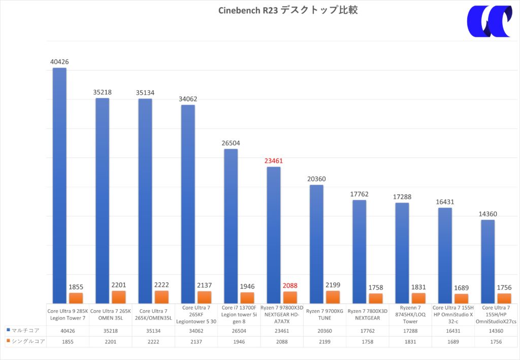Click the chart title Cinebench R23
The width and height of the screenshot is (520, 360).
pos(288,10)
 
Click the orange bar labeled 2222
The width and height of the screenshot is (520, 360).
pos(161,297)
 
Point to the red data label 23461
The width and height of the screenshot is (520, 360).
pos(274,161)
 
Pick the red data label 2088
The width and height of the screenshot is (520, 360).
pos(290,285)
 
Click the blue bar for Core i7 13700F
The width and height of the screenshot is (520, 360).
pos(231,226)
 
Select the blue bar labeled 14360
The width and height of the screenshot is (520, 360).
pos(487,261)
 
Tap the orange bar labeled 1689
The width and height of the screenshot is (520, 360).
pos(462,299)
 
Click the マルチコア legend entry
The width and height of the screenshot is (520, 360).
pos(23,330)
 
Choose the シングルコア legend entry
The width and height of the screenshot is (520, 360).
pos(25,342)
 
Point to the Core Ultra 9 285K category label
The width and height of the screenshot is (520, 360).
pos(68,314)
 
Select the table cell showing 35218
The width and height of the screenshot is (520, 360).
pos(110,330)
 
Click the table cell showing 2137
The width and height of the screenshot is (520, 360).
pos(196,342)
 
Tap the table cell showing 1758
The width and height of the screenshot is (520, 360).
pos(367,342)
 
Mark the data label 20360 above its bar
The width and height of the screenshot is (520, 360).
pos(316,179)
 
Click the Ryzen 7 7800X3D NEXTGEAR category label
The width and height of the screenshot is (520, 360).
pos(367,314)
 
